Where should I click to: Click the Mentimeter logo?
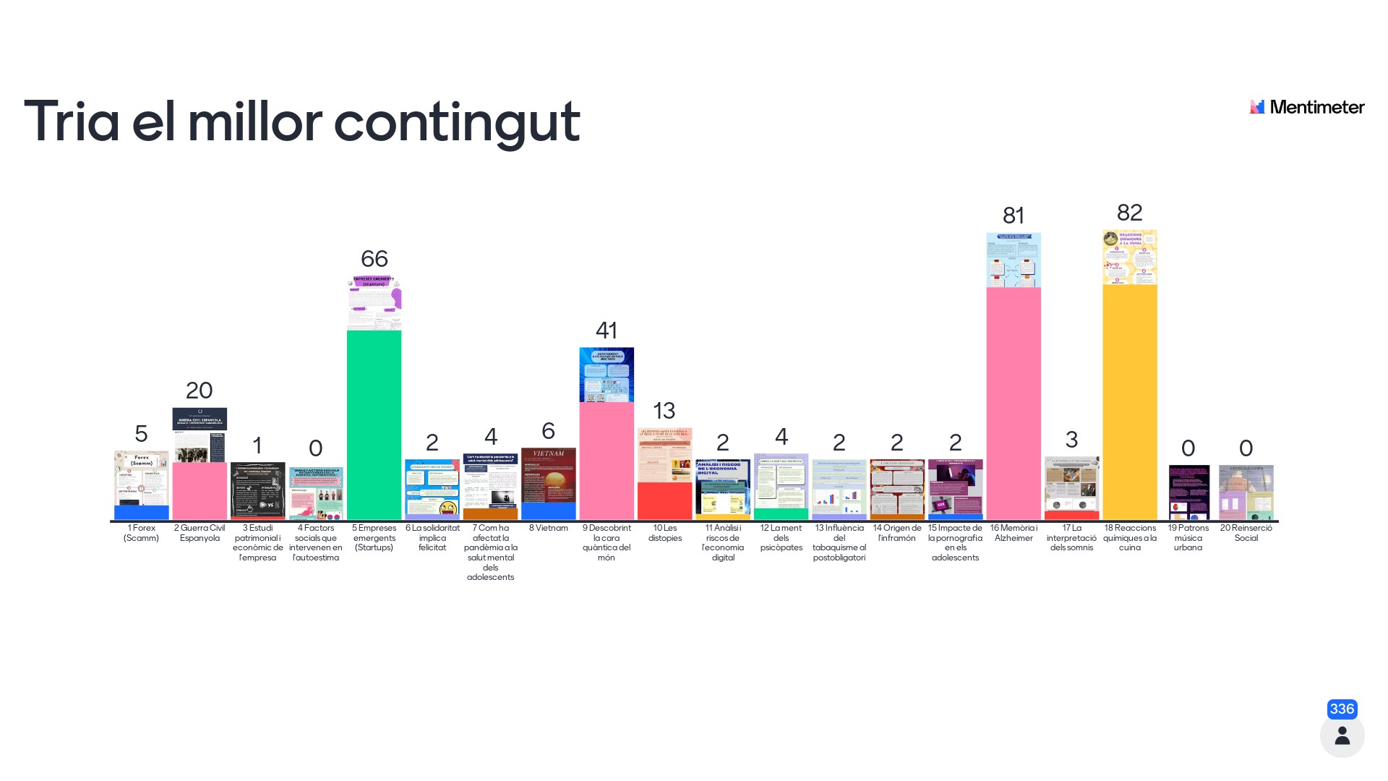1307,107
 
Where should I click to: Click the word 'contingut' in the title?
457,121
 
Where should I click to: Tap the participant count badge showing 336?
1342,709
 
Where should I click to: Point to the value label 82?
1129,213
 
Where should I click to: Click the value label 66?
374,259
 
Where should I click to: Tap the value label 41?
606,330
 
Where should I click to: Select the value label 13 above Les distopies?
664,411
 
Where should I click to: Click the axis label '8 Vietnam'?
548,528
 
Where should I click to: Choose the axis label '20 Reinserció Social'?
1246,533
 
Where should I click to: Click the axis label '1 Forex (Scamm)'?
141,533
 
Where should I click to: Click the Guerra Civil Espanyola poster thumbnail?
200,435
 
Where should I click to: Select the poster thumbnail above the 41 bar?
606,375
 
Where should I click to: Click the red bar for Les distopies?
664,500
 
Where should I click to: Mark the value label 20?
200,390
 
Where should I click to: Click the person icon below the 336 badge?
1342,736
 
